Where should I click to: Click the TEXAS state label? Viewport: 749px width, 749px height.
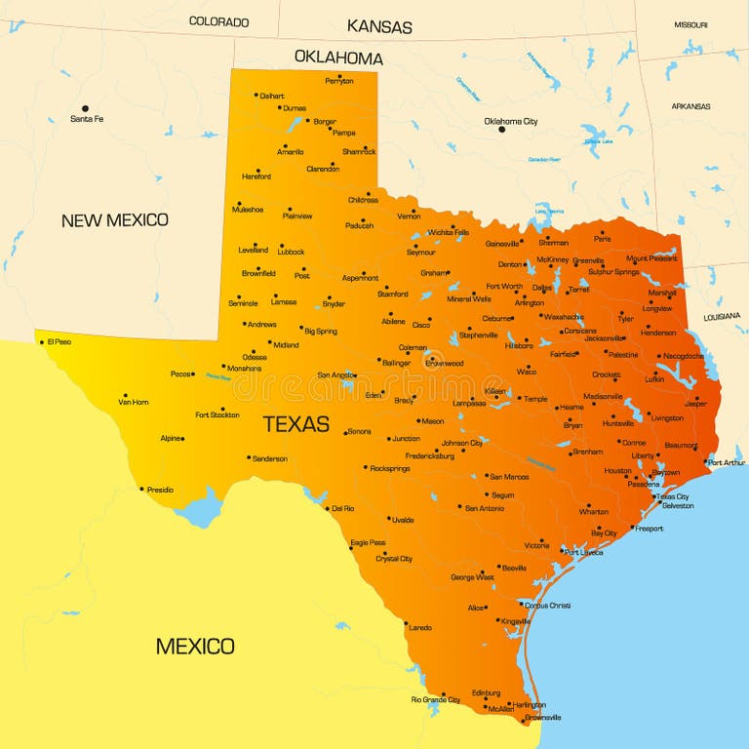tap(296, 424)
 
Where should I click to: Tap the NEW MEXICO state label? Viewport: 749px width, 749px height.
tap(114, 220)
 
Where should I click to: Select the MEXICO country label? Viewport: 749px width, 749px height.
tap(195, 646)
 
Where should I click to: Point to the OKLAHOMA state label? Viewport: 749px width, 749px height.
tap(338, 58)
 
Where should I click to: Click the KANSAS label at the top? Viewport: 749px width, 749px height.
tap(379, 27)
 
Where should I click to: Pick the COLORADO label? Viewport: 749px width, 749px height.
tap(218, 21)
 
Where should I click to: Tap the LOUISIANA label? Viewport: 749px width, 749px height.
tap(723, 316)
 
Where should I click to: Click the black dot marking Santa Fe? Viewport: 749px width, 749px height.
tap(85, 108)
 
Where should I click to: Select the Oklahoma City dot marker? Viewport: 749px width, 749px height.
tap(501, 129)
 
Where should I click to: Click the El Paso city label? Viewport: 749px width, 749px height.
tap(59, 341)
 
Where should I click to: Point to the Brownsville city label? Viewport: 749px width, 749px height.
tap(542, 718)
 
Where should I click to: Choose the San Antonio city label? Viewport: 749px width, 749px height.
tap(485, 508)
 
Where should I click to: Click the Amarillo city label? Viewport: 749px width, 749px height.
tap(290, 152)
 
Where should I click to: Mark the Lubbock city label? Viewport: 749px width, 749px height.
tap(291, 252)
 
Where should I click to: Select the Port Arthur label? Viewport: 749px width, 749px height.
tap(727, 462)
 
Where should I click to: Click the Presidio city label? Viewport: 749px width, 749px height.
tap(160, 490)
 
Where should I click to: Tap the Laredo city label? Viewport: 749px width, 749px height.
tap(419, 627)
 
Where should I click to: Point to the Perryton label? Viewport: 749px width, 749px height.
tap(338, 81)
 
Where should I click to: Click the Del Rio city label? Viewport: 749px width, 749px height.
tap(342, 508)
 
